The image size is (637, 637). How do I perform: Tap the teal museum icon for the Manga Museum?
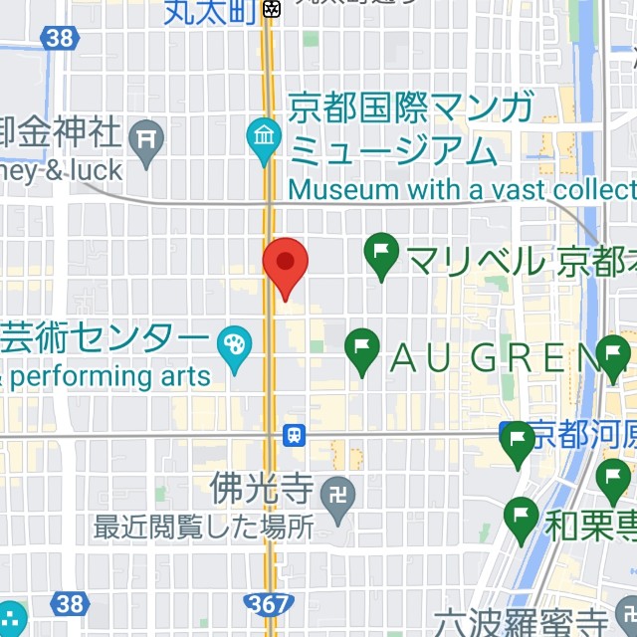click(265, 141)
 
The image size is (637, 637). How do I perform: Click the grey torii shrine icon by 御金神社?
click(149, 140)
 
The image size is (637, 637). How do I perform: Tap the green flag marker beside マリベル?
click(382, 256)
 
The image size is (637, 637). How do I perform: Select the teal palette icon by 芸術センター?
click(236, 348)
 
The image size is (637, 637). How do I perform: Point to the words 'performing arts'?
click(109, 376)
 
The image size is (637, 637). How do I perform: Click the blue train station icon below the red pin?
click(295, 435)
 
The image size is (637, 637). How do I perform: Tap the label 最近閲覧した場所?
click(203, 527)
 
